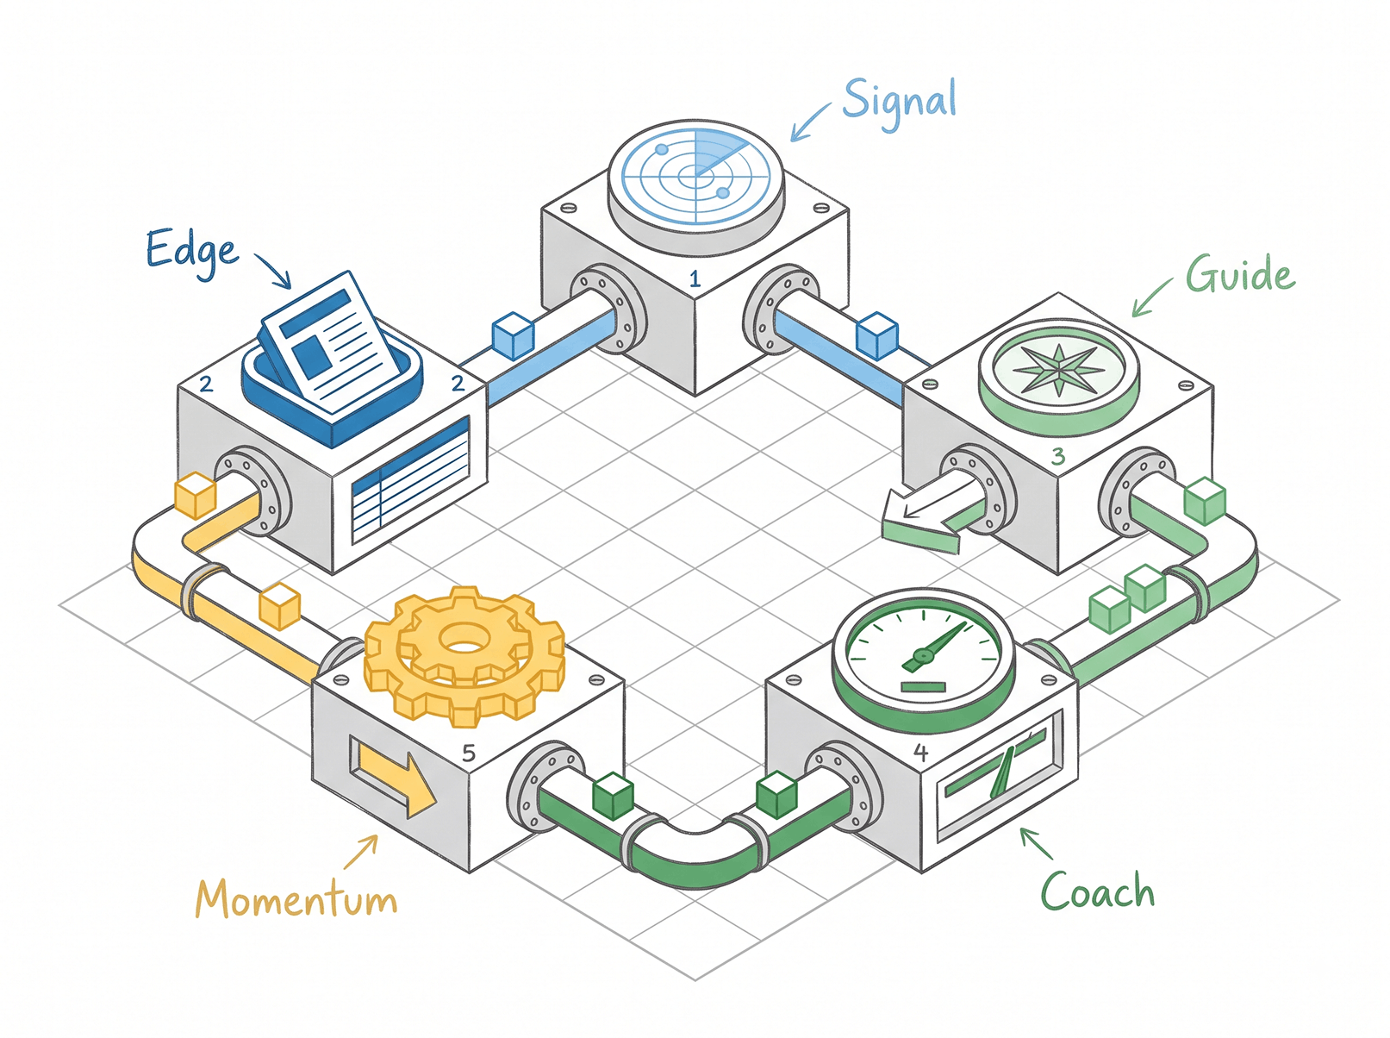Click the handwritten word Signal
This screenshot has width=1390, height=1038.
[x=899, y=104]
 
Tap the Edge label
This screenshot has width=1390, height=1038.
[x=192, y=252]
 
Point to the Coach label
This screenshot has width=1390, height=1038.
[x=1097, y=889]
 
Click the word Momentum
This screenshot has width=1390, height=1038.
[x=296, y=898]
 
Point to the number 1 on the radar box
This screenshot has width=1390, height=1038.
[x=695, y=278]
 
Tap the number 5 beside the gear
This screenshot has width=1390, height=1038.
[x=469, y=753]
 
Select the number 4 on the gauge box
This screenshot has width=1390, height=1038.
[x=920, y=753]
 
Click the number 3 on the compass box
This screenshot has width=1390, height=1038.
[x=1058, y=456]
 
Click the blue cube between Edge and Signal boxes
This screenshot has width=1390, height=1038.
[x=513, y=335]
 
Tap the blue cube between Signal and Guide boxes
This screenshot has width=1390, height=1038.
[x=876, y=335]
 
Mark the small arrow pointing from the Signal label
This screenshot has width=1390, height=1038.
[x=811, y=122]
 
